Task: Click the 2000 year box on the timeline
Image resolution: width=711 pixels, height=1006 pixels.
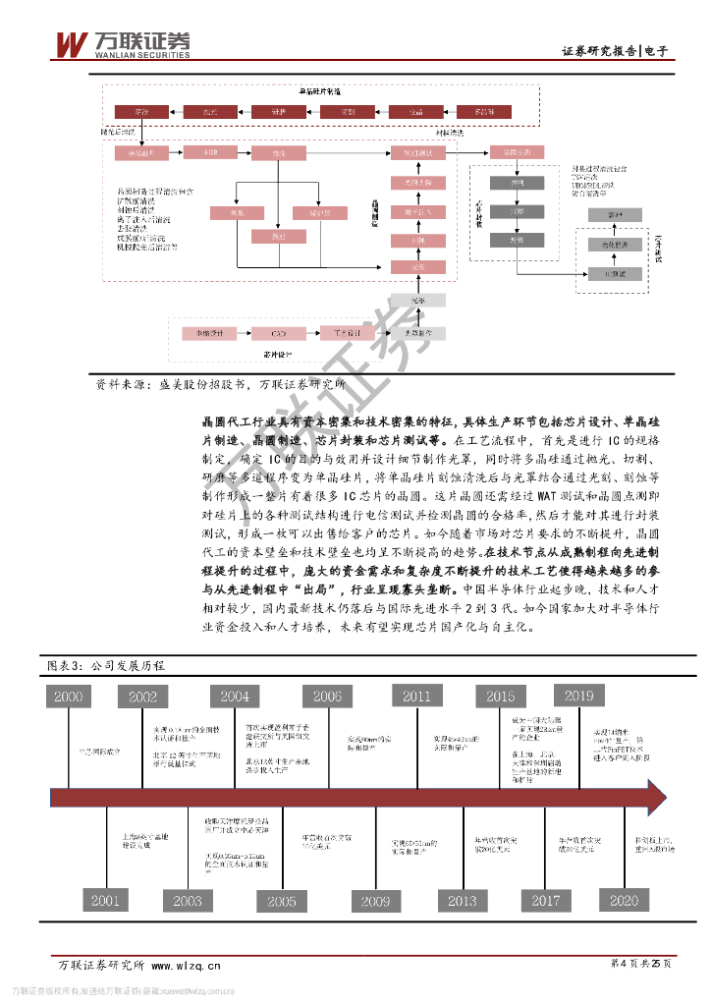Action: pos(68,697)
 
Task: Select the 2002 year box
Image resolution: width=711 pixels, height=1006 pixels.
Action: pos(142,697)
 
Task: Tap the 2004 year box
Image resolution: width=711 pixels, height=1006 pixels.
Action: pos(235,697)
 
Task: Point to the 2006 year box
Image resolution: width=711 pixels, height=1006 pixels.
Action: pos(327,697)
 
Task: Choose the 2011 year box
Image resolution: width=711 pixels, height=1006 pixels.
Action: pos(416,697)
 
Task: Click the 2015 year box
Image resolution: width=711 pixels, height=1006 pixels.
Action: pos(500,697)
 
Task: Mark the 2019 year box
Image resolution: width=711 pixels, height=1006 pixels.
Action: pos(578,697)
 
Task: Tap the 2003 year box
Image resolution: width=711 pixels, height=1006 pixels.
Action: pos(187,900)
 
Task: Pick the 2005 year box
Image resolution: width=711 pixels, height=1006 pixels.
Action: pos(282,900)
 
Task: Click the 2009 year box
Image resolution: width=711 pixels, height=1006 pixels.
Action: pos(375,900)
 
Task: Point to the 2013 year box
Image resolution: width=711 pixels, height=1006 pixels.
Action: pos(462,900)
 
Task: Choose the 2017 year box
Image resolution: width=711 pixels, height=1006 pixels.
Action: pos(545,900)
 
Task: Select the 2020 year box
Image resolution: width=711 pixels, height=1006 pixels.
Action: pos(624,900)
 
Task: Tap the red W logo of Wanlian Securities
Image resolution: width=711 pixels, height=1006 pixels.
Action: pos(71,44)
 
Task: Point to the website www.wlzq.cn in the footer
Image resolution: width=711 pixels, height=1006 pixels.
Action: pos(186,966)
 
